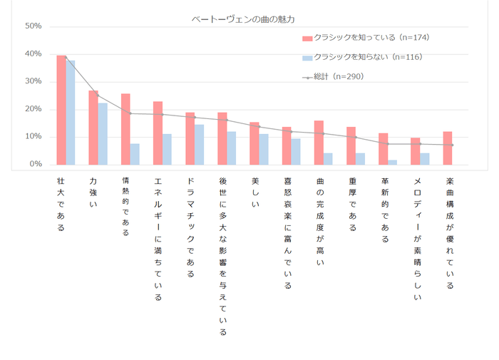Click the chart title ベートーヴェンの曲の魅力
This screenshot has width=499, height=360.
243,19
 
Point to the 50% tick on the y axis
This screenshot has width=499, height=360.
34,26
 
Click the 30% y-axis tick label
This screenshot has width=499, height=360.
34,81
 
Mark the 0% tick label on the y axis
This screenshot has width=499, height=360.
36,164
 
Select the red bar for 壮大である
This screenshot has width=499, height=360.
61,110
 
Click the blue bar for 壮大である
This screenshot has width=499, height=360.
71,113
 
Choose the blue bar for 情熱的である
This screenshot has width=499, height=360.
135,154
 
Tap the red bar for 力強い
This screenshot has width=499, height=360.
93,128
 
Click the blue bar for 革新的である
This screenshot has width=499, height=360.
392,162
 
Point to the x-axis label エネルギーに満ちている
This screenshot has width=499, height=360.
158,239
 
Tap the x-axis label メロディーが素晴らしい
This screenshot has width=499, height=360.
416,239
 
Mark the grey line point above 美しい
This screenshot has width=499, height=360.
259,126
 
